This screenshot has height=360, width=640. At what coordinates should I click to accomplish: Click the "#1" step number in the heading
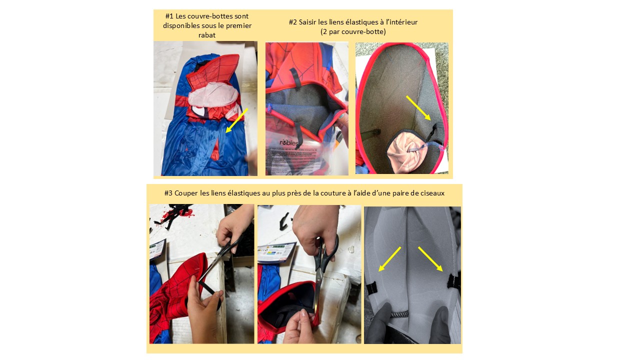tap(169, 16)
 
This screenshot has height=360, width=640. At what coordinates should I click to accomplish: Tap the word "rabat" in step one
tap(207, 35)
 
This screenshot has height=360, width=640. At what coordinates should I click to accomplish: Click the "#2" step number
tap(293, 22)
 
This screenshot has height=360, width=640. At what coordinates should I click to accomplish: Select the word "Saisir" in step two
tap(307, 22)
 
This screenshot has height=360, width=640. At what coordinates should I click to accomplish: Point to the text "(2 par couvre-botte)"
tap(353, 31)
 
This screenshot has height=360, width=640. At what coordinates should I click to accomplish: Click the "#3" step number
tap(168, 193)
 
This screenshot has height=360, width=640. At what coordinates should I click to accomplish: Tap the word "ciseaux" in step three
tap(432, 193)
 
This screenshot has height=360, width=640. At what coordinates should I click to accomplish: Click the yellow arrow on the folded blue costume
tap(236, 120)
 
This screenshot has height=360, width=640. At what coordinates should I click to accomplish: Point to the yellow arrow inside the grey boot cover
tap(418, 108)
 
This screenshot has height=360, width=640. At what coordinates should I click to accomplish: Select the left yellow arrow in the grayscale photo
tap(389, 259)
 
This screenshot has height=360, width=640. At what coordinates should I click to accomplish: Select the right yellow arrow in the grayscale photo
tap(430, 259)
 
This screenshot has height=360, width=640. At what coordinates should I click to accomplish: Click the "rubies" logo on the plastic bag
tap(289, 142)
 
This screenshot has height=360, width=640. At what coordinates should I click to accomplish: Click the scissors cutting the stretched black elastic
tap(221, 257)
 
